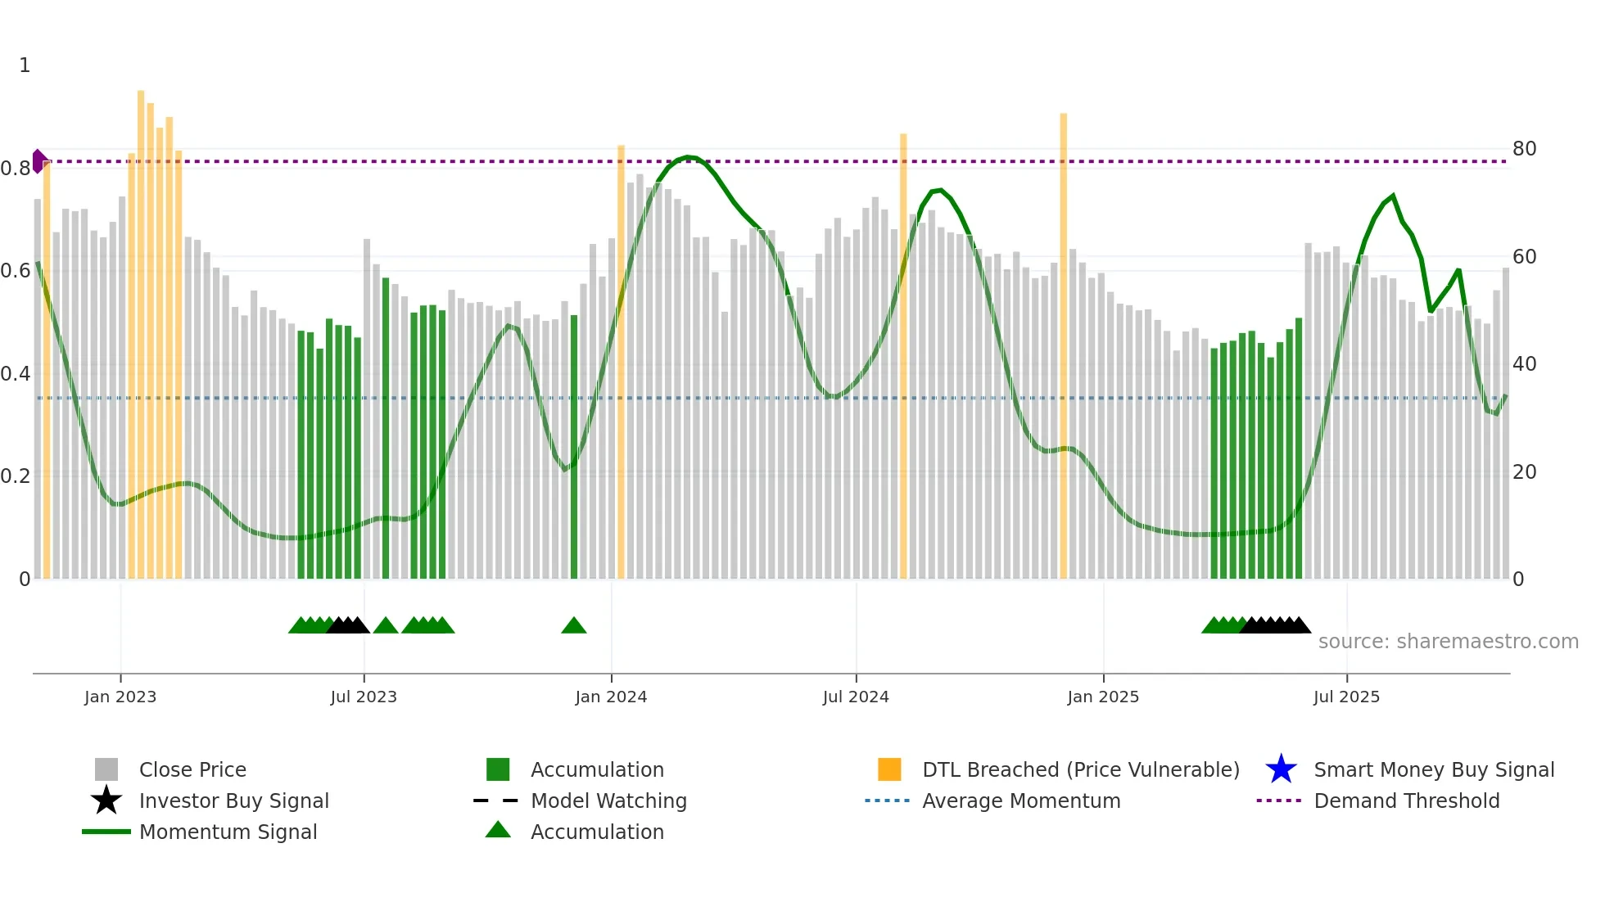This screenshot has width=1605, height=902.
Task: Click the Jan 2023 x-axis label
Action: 120,697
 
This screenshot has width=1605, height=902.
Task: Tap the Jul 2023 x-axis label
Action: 364,697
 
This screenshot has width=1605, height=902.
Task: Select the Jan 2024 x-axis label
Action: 611,697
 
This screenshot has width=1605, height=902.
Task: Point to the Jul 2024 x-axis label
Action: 856,697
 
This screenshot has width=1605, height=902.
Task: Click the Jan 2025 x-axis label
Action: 1103,697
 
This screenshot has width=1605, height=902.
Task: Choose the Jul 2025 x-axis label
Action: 1346,697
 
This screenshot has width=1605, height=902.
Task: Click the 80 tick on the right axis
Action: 1524,149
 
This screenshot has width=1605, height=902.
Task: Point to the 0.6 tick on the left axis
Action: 16,271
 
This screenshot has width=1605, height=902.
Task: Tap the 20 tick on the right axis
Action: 1524,472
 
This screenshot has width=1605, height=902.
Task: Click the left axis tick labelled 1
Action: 25,65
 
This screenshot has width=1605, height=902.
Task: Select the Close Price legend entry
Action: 192,769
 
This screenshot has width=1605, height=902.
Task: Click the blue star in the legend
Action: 1281,769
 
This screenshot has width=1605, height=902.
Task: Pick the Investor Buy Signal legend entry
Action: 233,801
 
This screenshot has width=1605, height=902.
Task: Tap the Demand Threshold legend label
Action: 1406,801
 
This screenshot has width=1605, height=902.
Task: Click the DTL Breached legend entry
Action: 1080,769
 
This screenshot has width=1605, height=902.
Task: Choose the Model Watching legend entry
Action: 608,801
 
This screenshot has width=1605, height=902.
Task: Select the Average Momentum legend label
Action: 1021,801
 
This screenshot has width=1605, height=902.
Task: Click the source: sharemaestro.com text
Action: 1448,641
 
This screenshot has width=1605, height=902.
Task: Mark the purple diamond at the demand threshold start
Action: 38,161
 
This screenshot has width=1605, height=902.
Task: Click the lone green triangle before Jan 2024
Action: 573,626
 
